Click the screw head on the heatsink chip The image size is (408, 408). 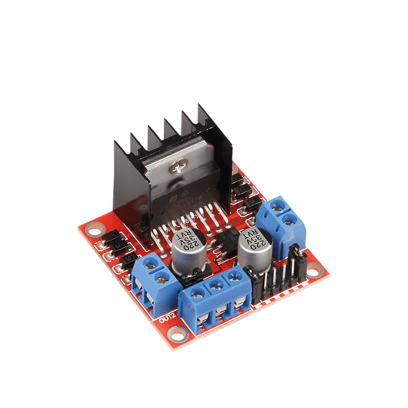click(x=181, y=166)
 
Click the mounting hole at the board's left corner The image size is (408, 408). click(x=94, y=228)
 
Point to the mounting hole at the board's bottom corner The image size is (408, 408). click(x=178, y=334)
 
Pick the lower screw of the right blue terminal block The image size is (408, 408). click(x=289, y=221)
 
